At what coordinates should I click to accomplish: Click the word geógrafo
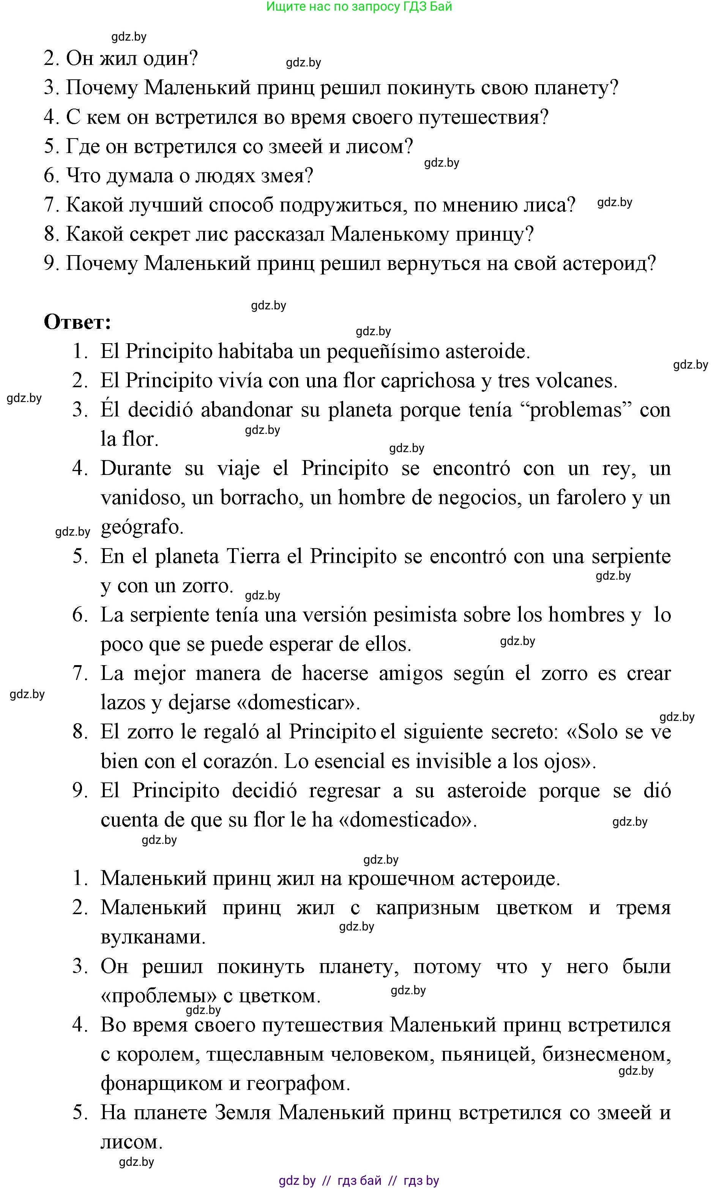[x=142, y=527]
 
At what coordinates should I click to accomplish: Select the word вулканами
[x=153, y=937]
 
